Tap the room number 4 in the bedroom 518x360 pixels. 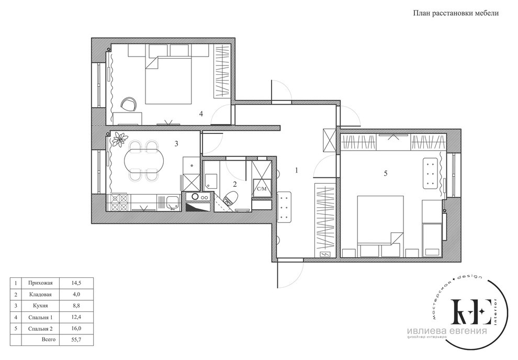point(201,114)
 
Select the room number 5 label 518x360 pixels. point(385,173)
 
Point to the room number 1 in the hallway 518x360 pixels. point(297,171)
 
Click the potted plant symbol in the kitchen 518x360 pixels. point(119,139)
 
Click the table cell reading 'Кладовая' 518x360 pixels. point(40,294)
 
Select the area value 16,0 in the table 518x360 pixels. point(76,329)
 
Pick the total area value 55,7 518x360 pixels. point(76,340)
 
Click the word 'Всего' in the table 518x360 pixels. point(49,340)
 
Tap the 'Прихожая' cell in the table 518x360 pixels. point(40,283)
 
